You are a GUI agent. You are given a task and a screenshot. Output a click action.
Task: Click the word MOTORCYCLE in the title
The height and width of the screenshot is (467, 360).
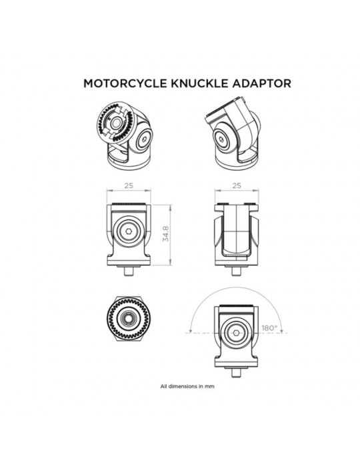click(125, 83)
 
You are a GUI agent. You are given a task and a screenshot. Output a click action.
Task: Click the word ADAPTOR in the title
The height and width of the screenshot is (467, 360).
click(262, 83)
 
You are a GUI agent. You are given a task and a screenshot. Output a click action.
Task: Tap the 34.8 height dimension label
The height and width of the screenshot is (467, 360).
click(166, 233)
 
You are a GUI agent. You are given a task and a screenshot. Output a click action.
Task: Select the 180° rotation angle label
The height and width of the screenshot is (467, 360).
click(269, 328)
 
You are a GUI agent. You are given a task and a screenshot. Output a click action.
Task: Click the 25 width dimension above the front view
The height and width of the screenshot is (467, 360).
click(129, 185)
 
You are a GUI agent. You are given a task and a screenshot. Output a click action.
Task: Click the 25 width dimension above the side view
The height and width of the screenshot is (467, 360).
click(237, 185)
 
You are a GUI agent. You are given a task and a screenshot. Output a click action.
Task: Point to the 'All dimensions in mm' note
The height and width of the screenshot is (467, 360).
click(187, 386)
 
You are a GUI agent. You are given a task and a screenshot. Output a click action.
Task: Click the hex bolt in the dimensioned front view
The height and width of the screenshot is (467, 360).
click(129, 231)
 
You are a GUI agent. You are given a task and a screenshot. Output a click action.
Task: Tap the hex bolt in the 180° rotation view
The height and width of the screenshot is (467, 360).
click(237, 333)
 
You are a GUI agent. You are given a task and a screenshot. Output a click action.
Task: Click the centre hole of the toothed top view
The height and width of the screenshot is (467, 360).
click(129, 318)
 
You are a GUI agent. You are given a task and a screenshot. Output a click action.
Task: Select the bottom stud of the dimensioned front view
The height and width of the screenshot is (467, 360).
click(129, 270)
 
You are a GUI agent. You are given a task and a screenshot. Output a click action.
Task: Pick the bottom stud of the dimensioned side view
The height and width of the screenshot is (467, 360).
click(237, 270)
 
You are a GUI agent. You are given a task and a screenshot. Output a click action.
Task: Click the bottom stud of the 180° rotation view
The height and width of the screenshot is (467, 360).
click(237, 372)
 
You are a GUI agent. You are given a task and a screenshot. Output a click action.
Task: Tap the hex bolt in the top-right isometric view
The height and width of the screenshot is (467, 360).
click(221, 139)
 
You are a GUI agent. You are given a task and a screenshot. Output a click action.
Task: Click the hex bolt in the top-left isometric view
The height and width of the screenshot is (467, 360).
click(145, 139)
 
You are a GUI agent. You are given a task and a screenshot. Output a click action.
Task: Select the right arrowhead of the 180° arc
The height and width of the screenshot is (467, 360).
click(281, 331)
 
